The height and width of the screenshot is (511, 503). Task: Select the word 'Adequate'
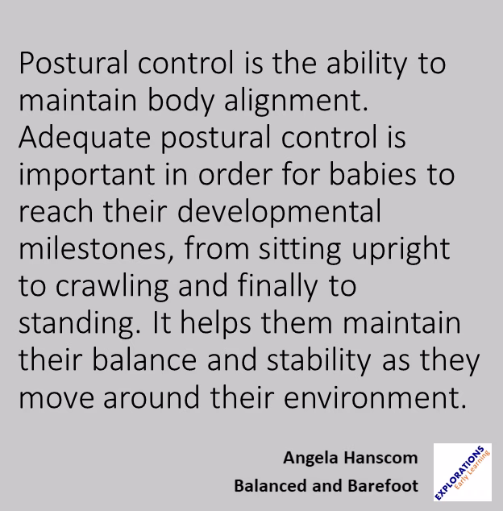coord(84,139)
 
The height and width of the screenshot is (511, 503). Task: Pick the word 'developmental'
coord(278,213)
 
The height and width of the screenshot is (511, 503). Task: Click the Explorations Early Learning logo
coord(463,473)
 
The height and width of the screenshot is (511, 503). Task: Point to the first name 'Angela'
coord(309,459)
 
